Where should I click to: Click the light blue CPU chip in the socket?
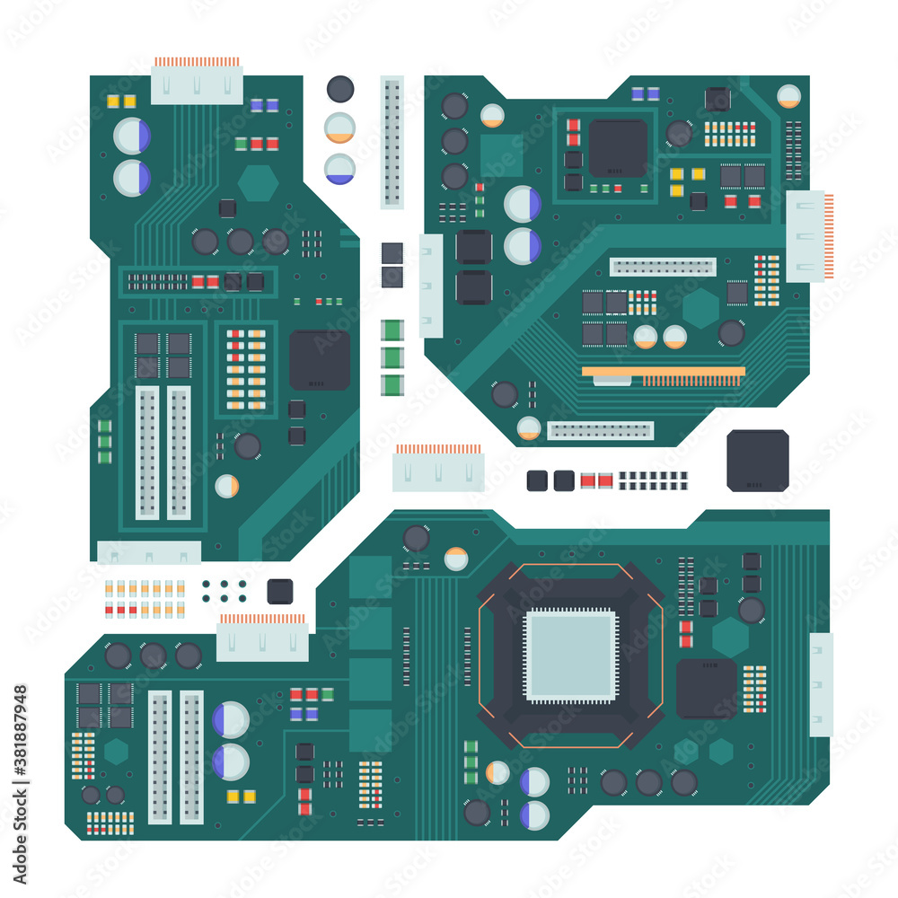tap(571, 655)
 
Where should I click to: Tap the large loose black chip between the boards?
tap(757, 461)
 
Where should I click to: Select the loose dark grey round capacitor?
tap(340, 89)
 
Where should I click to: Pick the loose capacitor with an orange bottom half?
tap(339, 128)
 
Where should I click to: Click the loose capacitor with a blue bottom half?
tap(339, 169)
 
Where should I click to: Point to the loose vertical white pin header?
tap(392, 142)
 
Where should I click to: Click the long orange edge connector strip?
tap(663, 371)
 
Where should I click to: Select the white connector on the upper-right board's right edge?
tap(806, 236)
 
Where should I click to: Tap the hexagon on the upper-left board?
tap(258, 183)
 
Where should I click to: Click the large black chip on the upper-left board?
tap(320, 359)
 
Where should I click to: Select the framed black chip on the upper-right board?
tap(618, 148)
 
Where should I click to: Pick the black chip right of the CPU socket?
tap(707, 689)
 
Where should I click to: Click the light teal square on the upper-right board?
tap(501, 155)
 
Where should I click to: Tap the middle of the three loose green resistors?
tap(392, 357)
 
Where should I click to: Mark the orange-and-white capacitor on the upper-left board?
tap(227, 487)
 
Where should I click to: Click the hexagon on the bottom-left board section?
tap(116, 751)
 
